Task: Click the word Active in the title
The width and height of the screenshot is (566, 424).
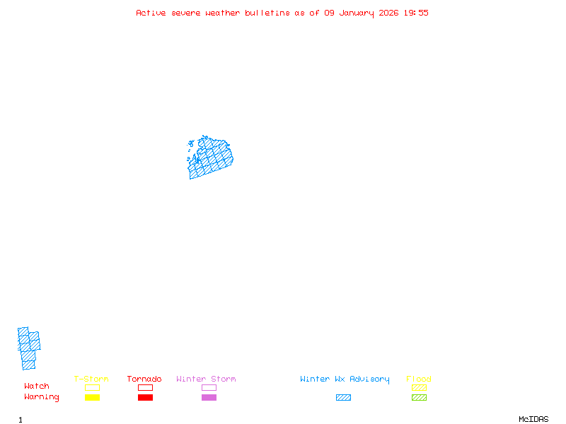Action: (151, 13)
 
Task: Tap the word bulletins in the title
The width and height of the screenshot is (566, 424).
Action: (267, 13)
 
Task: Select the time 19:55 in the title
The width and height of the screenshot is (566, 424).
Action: (416, 13)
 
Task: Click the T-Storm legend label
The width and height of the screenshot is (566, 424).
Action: (91, 379)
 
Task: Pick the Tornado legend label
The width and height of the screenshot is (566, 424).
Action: (144, 379)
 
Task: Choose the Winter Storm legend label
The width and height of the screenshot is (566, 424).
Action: (206, 379)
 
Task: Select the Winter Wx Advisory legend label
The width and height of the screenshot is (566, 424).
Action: (345, 379)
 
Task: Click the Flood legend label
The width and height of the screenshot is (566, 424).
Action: (419, 379)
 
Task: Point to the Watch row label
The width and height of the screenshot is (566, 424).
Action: (37, 387)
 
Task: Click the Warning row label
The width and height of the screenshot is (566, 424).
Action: (42, 397)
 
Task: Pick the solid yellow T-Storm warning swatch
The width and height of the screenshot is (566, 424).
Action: (92, 398)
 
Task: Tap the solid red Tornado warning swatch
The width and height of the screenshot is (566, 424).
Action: (145, 398)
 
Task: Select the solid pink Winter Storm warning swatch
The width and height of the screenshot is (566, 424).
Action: (209, 398)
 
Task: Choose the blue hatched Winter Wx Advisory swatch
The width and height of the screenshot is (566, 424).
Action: (343, 398)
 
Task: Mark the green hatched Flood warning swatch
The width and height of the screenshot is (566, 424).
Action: (419, 398)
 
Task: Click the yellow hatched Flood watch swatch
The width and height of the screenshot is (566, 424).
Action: (419, 387)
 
